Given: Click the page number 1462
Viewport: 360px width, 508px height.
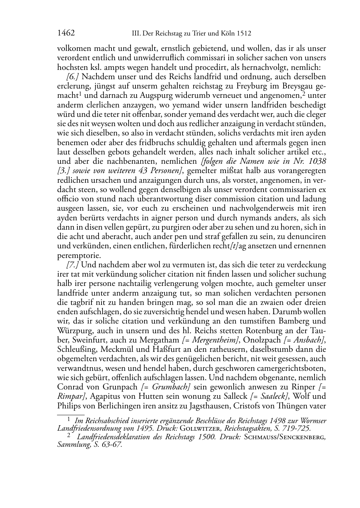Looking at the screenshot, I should coord(66,33).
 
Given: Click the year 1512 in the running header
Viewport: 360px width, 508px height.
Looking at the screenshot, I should coord(244,34).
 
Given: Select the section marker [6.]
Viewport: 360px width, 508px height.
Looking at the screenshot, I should coord(72,77).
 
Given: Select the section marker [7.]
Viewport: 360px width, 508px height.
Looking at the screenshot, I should coord(72,265).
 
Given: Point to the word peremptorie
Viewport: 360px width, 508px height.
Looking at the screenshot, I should coord(79,255).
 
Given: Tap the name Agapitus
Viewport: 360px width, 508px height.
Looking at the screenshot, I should coord(104,396).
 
